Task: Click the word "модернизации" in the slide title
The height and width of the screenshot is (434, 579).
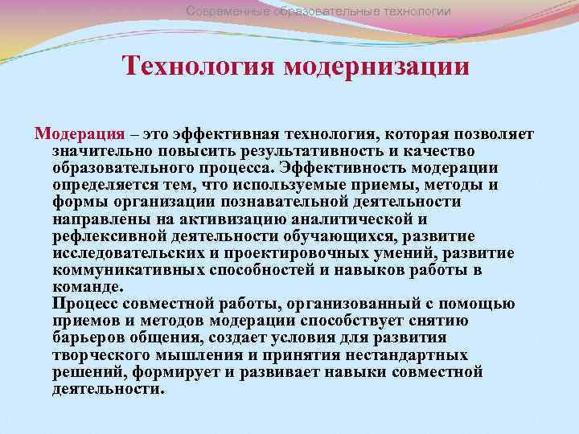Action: click(x=376, y=65)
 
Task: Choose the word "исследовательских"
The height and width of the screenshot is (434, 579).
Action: click(x=130, y=252)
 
